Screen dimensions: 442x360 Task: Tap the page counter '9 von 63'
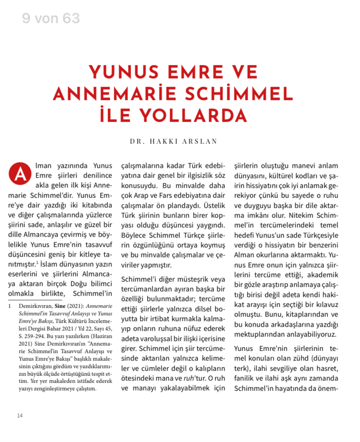click(x=51, y=18)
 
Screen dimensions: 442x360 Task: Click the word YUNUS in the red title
click(x=122, y=72)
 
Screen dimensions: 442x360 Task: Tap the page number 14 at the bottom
click(x=20, y=415)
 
